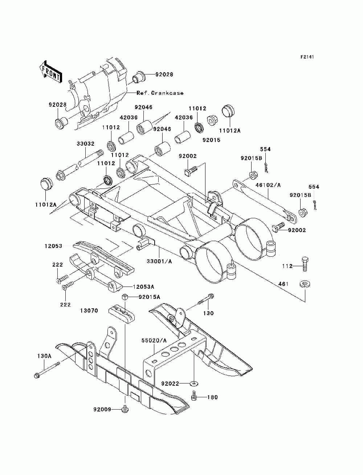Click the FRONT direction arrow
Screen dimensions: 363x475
tap(50, 72)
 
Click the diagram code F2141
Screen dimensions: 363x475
tap(307, 57)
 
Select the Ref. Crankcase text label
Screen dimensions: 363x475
tap(160, 93)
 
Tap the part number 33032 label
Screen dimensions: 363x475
tap(86, 144)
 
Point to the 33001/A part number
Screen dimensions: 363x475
tap(159, 261)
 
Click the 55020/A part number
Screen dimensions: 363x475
tap(154, 340)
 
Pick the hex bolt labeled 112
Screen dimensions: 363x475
tap(305, 264)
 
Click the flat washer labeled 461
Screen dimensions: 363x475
tap(305, 284)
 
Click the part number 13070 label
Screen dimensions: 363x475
tap(89, 310)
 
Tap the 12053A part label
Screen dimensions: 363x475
tap(143, 287)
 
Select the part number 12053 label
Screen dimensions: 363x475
tap(53, 246)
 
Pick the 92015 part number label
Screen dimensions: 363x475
tap(211, 140)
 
